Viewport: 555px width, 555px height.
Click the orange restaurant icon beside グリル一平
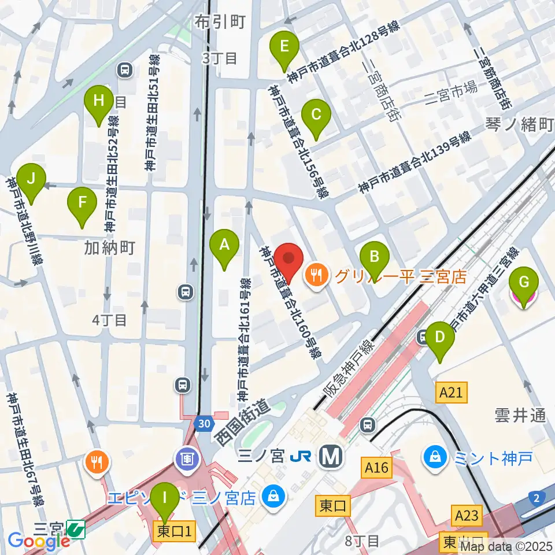(316, 275)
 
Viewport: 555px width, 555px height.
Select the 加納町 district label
(110, 248)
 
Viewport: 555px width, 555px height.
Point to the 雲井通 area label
(520, 415)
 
